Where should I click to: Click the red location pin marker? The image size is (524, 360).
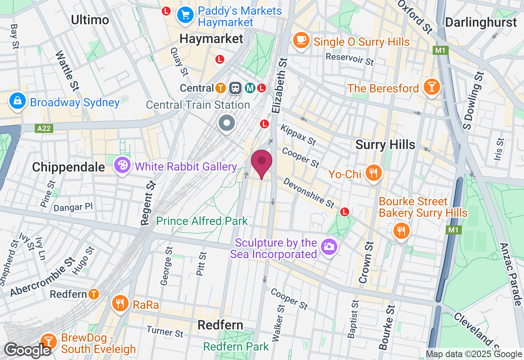(x=262, y=162)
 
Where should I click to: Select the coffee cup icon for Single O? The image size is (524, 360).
(x=302, y=40)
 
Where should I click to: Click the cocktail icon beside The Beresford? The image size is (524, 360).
(x=431, y=87)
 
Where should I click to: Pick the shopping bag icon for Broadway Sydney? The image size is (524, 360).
(x=18, y=101)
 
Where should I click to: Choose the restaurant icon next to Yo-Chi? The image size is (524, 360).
(x=373, y=173)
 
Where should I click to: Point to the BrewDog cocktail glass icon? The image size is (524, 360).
(x=49, y=340)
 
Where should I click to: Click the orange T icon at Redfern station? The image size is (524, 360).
(x=94, y=294)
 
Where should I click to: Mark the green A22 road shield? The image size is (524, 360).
(x=44, y=128)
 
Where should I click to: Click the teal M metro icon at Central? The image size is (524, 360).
(x=249, y=88)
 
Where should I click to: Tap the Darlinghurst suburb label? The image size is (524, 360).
(x=481, y=22)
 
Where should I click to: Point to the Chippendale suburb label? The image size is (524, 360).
(x=63, y=167)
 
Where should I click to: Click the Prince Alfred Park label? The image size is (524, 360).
(x=202, y=221)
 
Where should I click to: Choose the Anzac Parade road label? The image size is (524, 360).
(x=510, y=274)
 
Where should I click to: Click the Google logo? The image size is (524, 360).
(x=27, y=350)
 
